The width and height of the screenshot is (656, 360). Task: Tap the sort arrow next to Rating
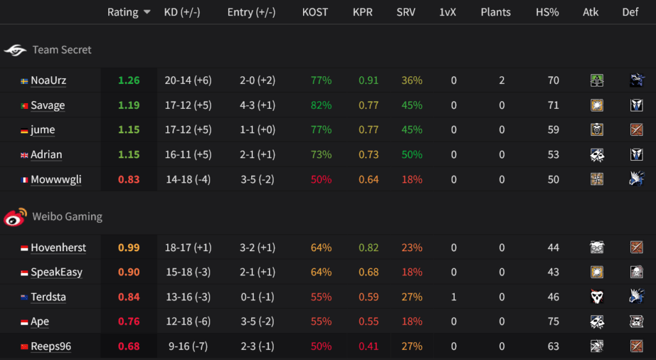coord(147,12)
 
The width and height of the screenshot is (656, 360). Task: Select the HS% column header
coord(548,12)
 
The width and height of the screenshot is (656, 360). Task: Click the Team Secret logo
coord(15,50)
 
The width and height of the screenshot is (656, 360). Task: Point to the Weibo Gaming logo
coord(15,217)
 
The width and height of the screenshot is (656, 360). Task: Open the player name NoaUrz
coord(48,81)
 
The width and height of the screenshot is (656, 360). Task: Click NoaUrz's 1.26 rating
coord(129,81)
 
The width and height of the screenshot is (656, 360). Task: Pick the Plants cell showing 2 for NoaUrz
coord(502,81)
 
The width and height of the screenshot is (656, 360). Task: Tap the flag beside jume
coord(24,130)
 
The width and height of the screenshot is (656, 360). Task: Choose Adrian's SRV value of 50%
coord(412,154)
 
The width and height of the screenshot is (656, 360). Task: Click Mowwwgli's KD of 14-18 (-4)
coord(188,179)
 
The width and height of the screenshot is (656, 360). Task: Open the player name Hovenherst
coord(58,248)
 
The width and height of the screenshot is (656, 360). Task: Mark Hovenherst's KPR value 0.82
coord(368,248)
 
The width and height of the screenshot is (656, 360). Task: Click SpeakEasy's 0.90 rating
coord(129,272)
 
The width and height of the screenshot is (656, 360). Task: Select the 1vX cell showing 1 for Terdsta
coord(454,297)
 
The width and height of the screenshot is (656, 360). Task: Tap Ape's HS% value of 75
coord(553,322)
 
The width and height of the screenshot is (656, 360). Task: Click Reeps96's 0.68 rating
coord(129,347)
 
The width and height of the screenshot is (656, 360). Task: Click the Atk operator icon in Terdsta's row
coord(597,297)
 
